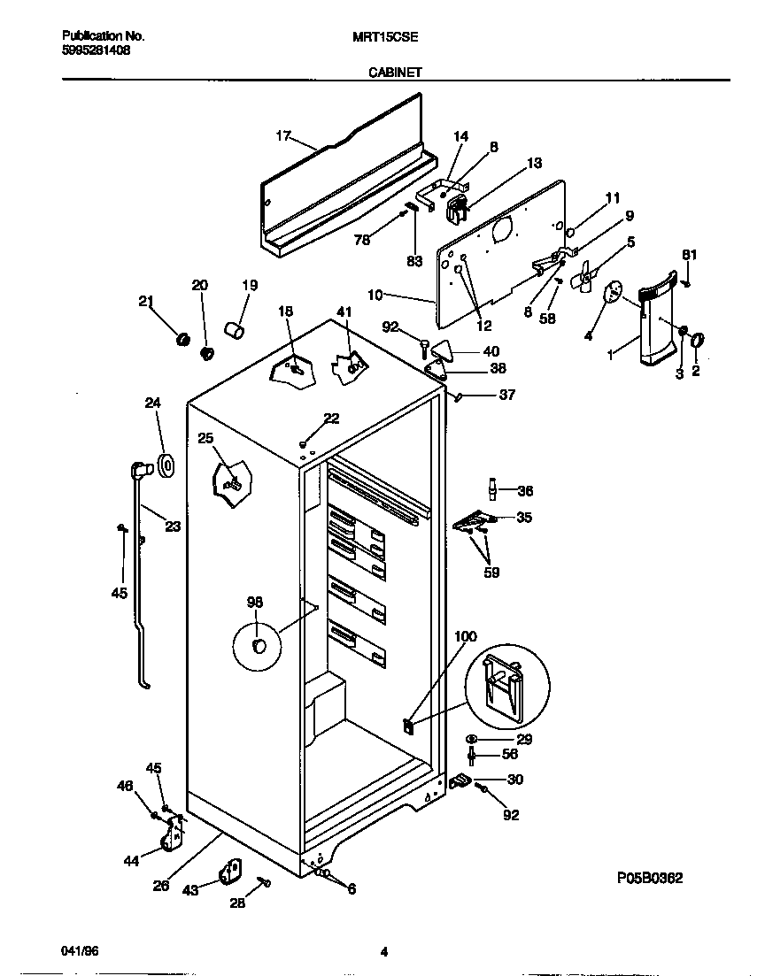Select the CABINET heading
pos(394,75)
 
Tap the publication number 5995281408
pos(97,50)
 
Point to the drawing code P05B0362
pos(649,878)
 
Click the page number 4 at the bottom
pos(383,952)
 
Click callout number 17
pos(283,135)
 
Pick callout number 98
pos(255,603)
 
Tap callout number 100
pos(465,636)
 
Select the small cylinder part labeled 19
pos(236,331)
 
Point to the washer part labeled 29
pos(471,739)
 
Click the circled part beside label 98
pos(258,646)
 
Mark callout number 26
pos(160,884)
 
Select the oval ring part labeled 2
pos(697,340)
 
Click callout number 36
pos(525,491)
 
